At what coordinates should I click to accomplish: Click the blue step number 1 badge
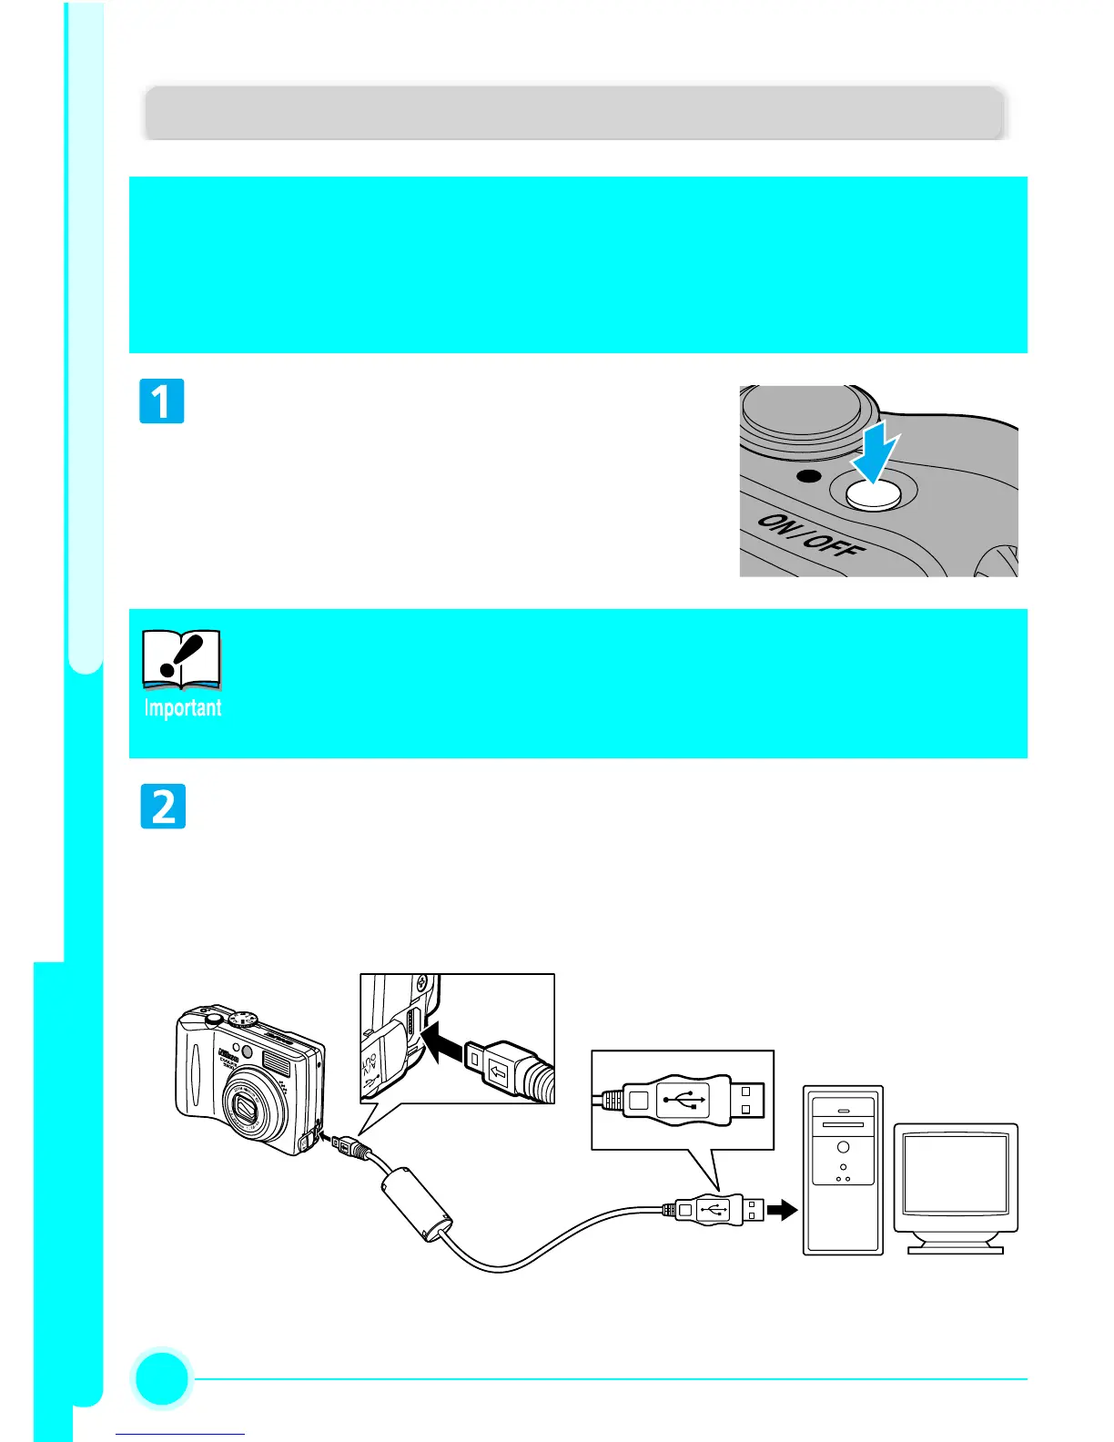[162, 401]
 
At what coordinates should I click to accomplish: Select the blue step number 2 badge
[163, 807]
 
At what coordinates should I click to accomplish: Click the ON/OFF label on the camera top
[811, 537]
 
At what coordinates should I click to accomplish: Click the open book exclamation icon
[182, 658]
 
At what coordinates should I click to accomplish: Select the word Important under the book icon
[182, 708]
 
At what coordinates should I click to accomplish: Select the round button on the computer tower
[844, 1147]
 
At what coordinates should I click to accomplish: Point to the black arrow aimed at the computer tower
[782, 1210]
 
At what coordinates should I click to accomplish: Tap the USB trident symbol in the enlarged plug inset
[682, 1100]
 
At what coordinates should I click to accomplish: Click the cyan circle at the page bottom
[162, 1378]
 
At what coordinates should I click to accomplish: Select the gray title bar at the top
[574, 114]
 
